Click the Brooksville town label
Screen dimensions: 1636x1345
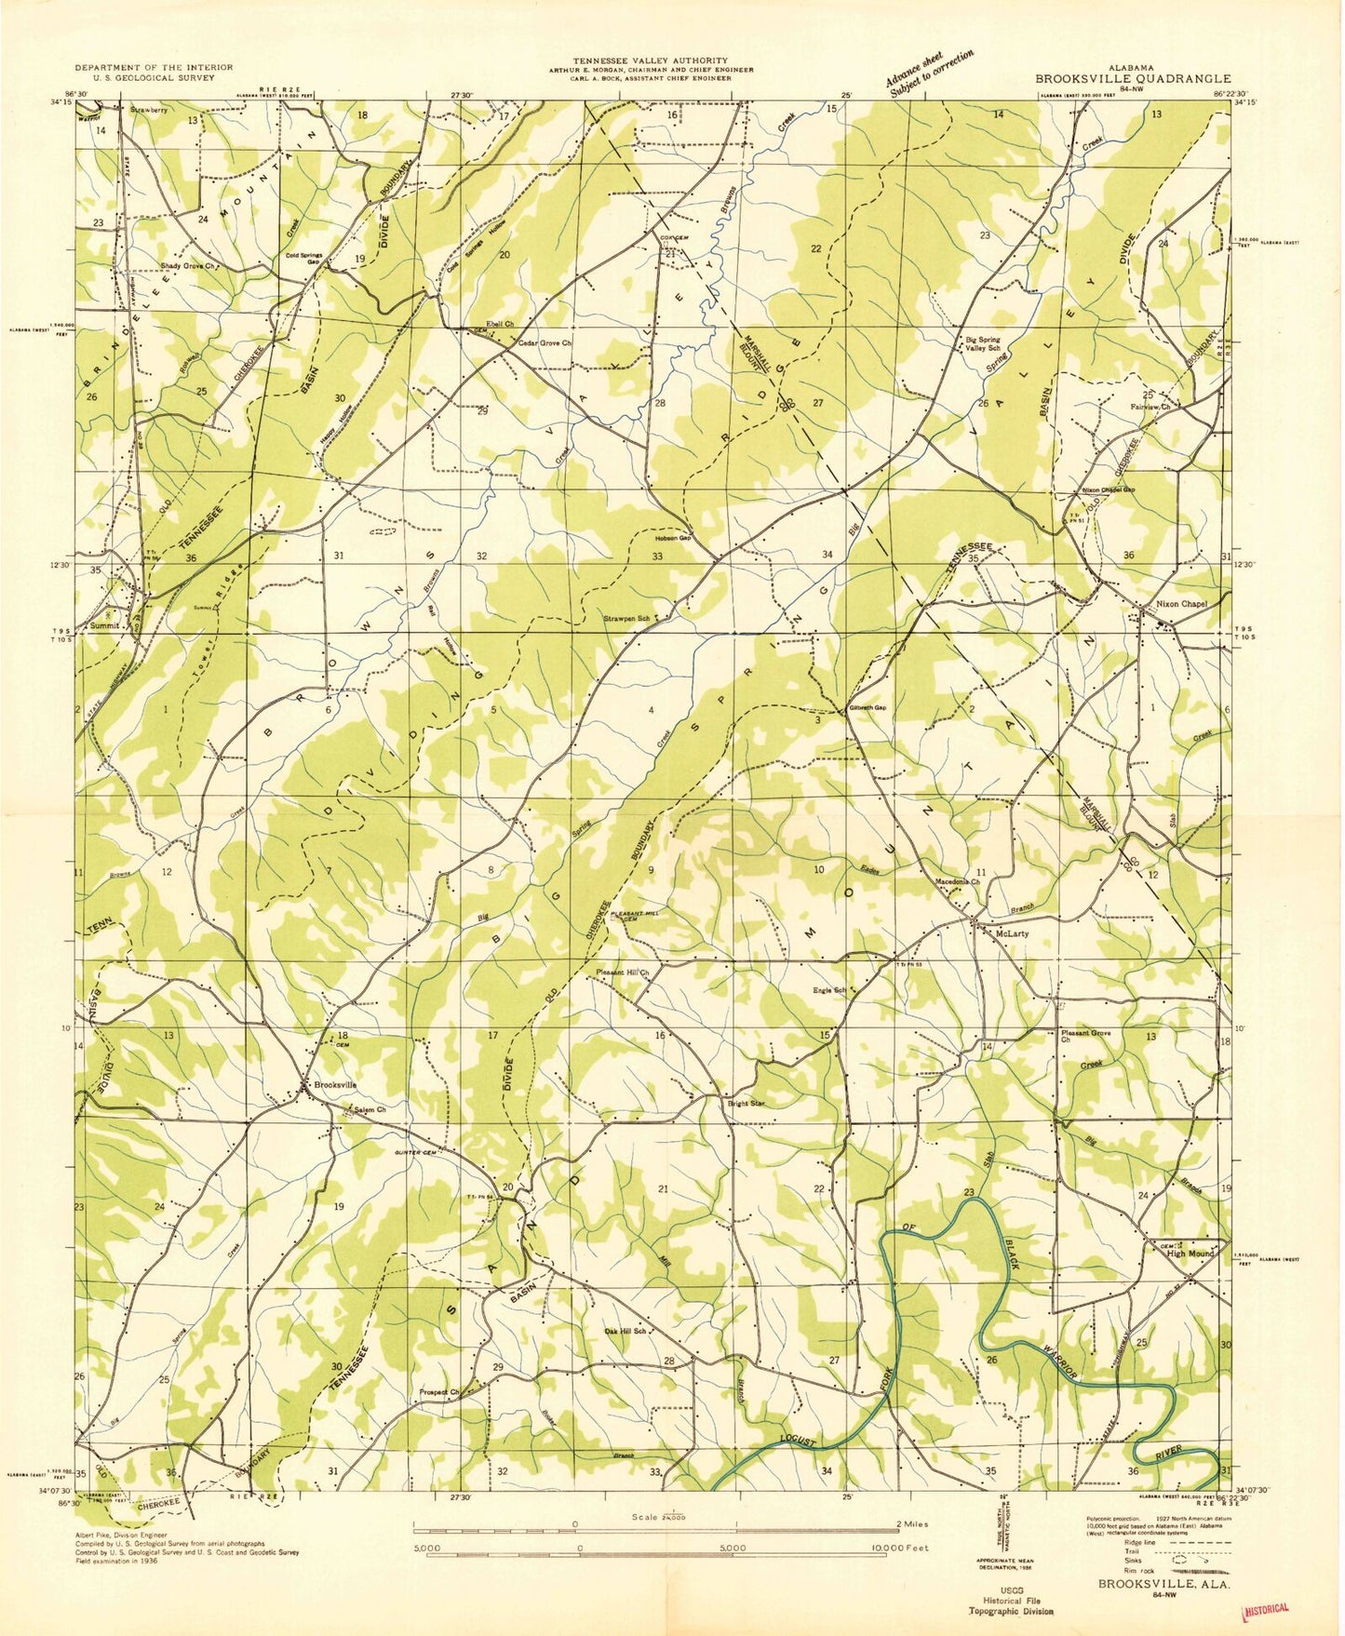point(335,1084)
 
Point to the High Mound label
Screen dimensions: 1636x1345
point(1191,1254)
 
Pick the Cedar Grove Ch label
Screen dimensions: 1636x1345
point(545,342)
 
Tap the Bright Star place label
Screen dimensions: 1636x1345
point(746,1104)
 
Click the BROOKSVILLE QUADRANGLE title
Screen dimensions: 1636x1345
point(1133,79)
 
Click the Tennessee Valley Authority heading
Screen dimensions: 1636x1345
point(651,60)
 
